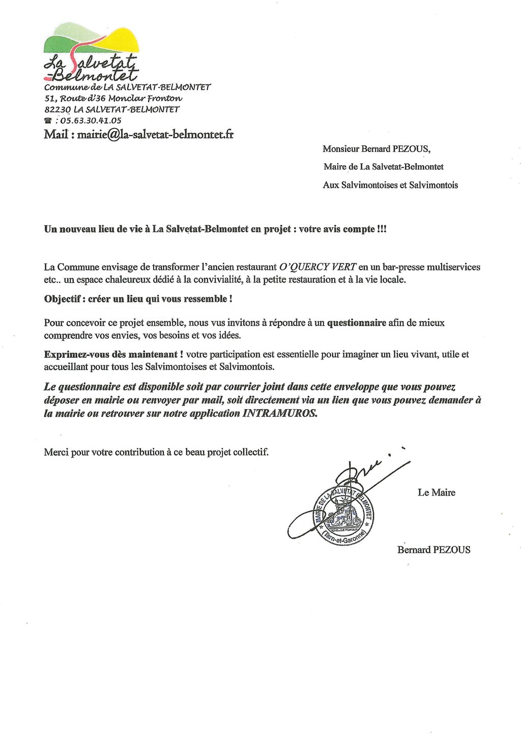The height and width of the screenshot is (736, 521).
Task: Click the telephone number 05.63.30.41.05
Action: pyautogui.click(x=91, y=121)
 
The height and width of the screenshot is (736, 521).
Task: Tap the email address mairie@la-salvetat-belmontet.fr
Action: pyautogui.click(x=155, y=135)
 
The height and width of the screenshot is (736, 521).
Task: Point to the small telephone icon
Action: pyautogui.click(x=48, y=121)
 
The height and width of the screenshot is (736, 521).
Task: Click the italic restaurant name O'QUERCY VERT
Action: pyautogui.click(x=317, y=267)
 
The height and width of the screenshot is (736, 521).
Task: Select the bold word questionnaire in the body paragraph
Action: pyautogui.click(x=356, y=323)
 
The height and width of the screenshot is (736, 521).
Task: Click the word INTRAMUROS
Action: pyautogui.click(x=279, y=413)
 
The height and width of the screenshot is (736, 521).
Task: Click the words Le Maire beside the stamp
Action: pyautogui.click(x=436, y=493)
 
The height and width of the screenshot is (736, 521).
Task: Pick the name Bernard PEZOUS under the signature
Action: pyautogui.click(x=433, y=550)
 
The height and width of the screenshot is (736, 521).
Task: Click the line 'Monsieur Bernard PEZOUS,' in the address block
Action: pyautogui.click(x=376, y=149)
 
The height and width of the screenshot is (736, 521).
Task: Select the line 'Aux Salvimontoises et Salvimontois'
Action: pyautogui.click(x=390, y=185)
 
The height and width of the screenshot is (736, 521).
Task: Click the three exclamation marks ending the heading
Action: pyautogui.click(x=382, y=229)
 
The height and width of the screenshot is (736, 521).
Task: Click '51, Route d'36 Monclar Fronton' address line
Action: pyautogui.click(x=113, y=98)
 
